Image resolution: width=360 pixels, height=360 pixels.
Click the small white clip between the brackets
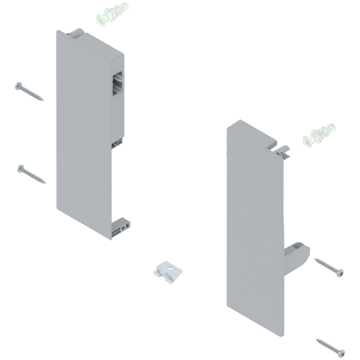(x=168, y=270)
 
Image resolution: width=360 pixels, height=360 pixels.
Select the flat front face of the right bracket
(x=253, y=225)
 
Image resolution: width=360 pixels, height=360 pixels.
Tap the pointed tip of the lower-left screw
(x=46, y=183)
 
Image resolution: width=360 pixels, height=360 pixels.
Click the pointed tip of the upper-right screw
(x=315, y=259)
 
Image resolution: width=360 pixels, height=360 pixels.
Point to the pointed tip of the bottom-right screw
(x=316, y=339)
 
